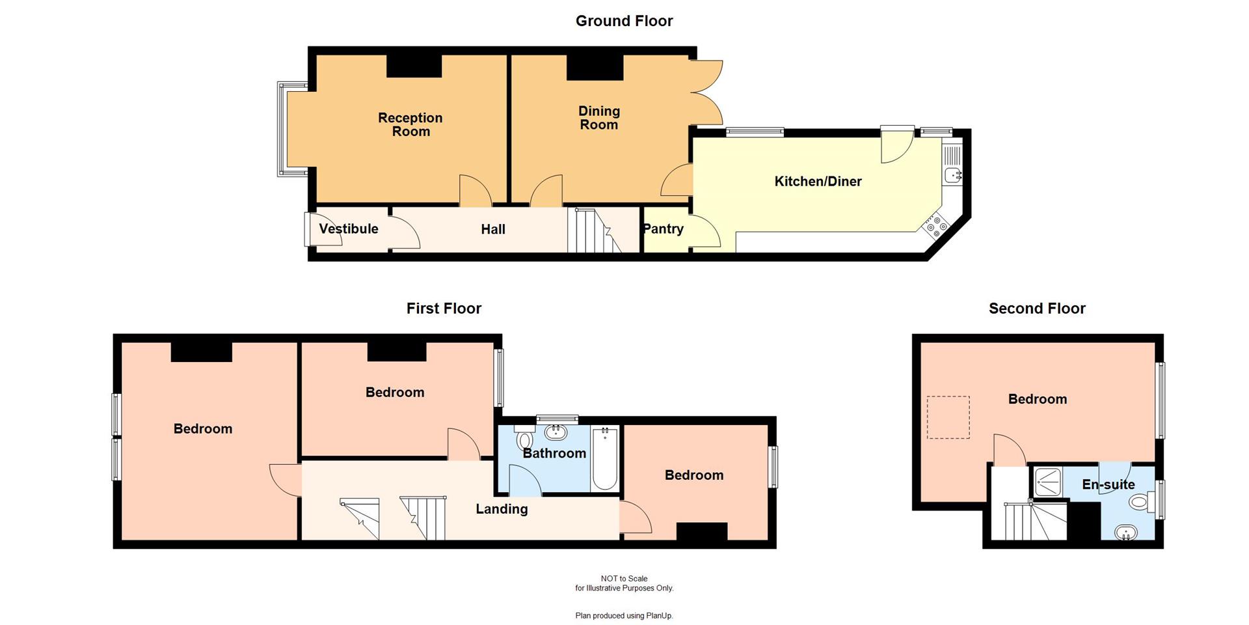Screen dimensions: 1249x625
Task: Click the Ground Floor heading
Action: click(624, 21)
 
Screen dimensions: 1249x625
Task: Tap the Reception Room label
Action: click(410, 124)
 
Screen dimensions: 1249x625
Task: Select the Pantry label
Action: click(663, 229)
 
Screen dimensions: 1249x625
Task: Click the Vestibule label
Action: click(349, 229)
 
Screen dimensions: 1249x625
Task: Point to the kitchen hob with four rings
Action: click(935, 226)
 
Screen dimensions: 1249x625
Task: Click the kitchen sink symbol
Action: click(952, 174)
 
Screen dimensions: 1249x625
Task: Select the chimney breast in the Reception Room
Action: click(414, 66)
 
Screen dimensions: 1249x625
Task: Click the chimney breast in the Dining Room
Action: click(595, 68)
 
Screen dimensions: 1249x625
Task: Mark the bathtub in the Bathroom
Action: click(604, 458)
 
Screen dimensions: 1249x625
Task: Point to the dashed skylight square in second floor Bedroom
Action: click(948, 417)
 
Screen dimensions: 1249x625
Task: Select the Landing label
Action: click(502, 509)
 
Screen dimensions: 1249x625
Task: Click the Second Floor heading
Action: click(1037, 309)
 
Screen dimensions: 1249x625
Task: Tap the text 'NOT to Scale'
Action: click(624, 578)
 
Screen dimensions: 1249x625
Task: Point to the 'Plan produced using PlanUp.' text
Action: click(624, 615)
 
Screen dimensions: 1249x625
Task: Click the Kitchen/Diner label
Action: click(818, 182)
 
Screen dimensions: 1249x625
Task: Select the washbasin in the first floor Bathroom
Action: click(556, 432)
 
